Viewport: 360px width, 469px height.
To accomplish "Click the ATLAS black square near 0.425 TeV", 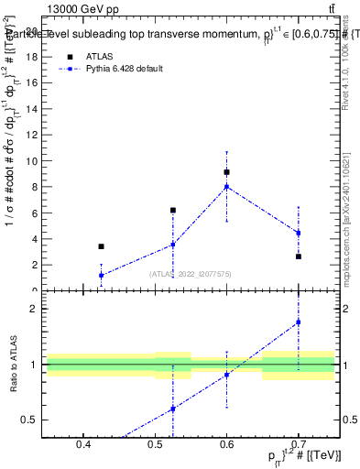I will coord(101,246).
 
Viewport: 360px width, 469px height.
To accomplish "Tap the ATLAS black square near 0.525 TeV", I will coord(172,210).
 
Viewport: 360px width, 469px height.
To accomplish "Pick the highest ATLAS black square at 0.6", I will coord(226,172).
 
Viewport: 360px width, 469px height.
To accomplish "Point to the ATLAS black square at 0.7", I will coord(299,256).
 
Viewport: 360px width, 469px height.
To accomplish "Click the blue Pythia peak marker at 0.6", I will coord(226,187).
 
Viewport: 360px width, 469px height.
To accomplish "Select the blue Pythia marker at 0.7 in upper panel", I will coord(299,233).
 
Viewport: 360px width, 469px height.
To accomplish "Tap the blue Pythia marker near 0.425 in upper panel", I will coord(101,275).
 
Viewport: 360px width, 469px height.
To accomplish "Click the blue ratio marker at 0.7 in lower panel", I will coord(299,322).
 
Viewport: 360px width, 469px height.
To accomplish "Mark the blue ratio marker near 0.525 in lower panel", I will coord(172,409).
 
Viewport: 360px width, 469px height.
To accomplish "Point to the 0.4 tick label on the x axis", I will coord(83,445).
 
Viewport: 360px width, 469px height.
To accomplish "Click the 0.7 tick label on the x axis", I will coord(299,445).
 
